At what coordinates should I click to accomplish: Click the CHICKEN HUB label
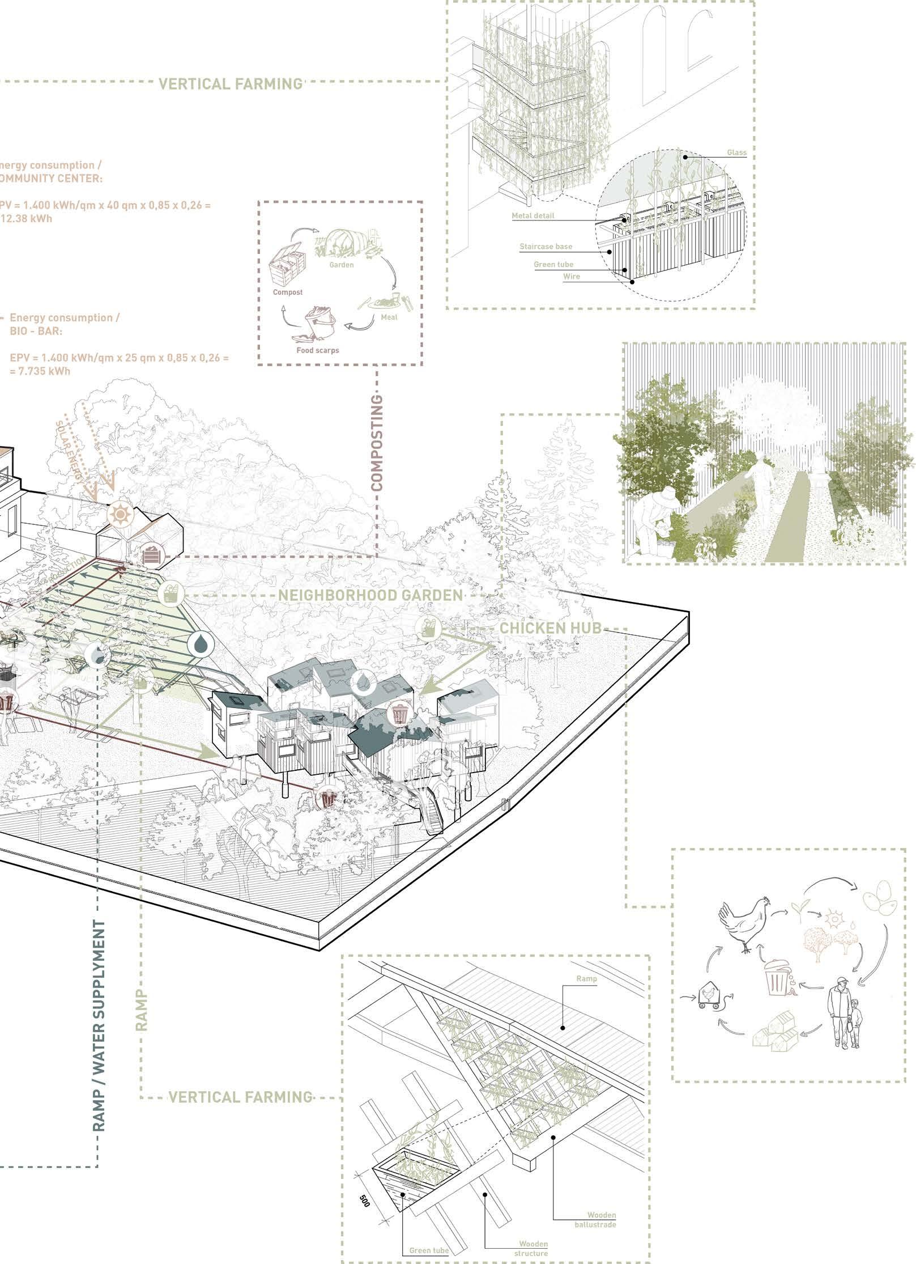pos(549,628)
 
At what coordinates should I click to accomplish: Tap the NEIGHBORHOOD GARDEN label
pos(370,595)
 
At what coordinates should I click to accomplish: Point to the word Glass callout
pos(736,152)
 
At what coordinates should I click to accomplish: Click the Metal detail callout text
pos(533,216)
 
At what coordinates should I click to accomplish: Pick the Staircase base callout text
pos(546,247)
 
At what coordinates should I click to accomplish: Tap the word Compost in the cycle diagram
pos(288,292)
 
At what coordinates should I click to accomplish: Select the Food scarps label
pos(318,350)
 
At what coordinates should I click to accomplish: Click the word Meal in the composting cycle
pos(389,317)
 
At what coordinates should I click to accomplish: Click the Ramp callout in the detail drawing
pos(586,978)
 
